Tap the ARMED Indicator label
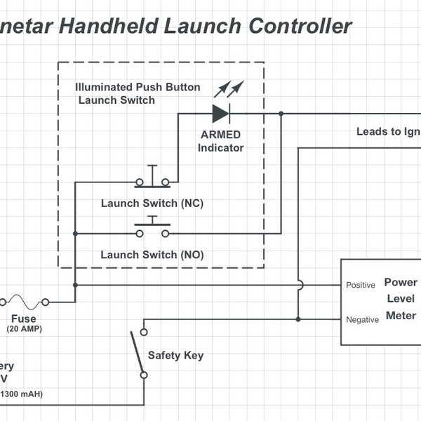[x=221, y=142]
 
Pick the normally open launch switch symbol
[x=152, y=229]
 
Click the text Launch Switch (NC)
[x=152, y=204]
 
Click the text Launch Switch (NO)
[x=152, y=255]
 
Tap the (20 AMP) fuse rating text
[x=24, y=328]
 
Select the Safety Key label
[x=175, y=355]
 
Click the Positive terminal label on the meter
[x=361, y=286]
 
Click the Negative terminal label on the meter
[x=363, y=319]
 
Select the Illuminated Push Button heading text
[x=138, y=88]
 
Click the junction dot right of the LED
[x=281, y=113]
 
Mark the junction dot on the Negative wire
[x=298, y=319]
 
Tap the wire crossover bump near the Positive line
[x=298, y=285]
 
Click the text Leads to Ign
[x=388, y=131]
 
